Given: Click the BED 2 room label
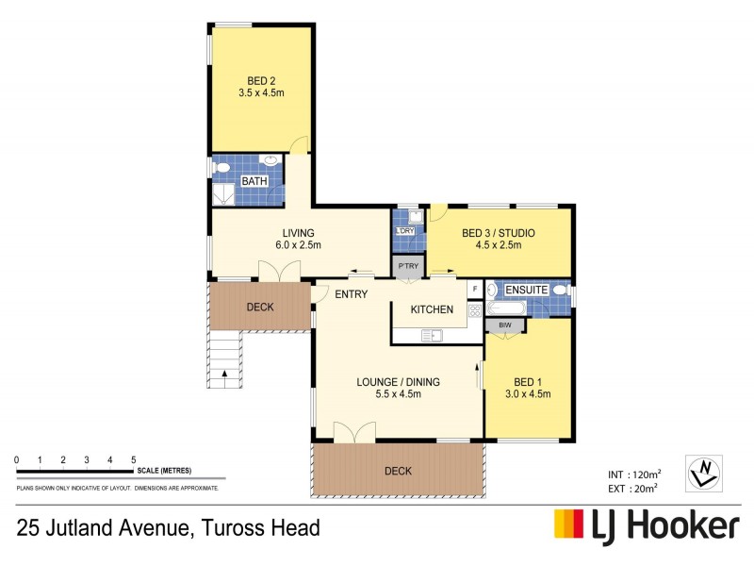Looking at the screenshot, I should tap(260, 82).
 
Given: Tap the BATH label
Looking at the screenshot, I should tap(253, 180).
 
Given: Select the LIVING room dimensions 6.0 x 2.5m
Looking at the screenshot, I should tap(299, 245).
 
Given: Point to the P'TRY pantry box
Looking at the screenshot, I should tap(408, 267).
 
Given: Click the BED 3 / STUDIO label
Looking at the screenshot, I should tap(499, 233).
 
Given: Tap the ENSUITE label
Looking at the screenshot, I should tap(527, 290).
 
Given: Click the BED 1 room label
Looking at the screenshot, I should tap(527, 382).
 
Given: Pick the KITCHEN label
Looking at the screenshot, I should tap(432, 309).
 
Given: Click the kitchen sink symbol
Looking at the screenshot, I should tap(433, 334).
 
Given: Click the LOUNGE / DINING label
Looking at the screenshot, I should tap(398, 382).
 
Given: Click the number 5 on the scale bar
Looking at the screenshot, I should tap(133, 459).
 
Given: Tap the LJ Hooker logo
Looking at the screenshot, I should tap(646, 525).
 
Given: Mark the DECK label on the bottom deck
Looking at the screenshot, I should tap(398, 471).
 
